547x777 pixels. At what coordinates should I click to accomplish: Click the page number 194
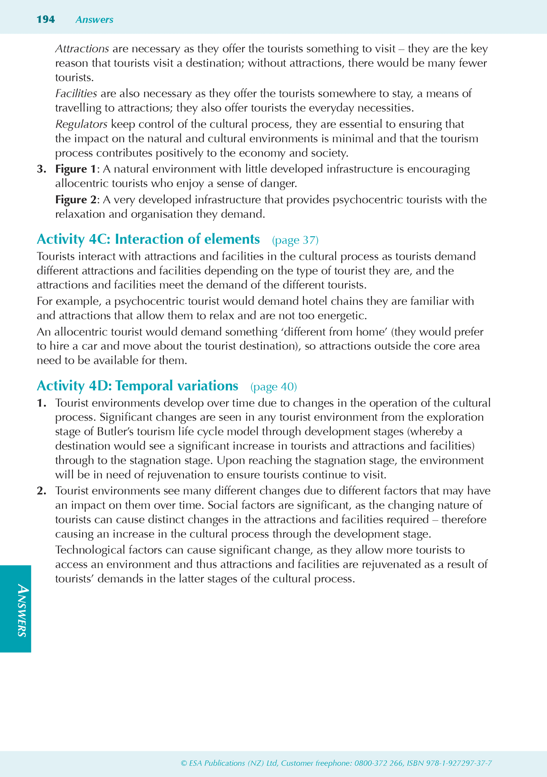pos(46,20)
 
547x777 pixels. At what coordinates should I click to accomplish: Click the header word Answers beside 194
pos(94,20)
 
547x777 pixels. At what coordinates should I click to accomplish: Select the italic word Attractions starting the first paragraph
pos(82,49)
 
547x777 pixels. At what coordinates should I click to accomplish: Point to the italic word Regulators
pos(81,124)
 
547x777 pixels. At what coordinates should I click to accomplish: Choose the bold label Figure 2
pos(76,200)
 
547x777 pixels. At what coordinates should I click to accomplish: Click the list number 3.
pos(41,169)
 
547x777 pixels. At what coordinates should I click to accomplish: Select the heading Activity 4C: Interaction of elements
pos(148,239)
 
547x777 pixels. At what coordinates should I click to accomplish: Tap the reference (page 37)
pos(295,240)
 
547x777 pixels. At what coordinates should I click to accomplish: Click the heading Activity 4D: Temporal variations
pos(137,386)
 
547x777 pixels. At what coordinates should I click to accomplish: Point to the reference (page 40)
pos(274,387)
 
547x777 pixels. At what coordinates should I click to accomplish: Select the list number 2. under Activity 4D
pos(41,491)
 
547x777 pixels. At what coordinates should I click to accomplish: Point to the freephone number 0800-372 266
pos(378,763)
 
